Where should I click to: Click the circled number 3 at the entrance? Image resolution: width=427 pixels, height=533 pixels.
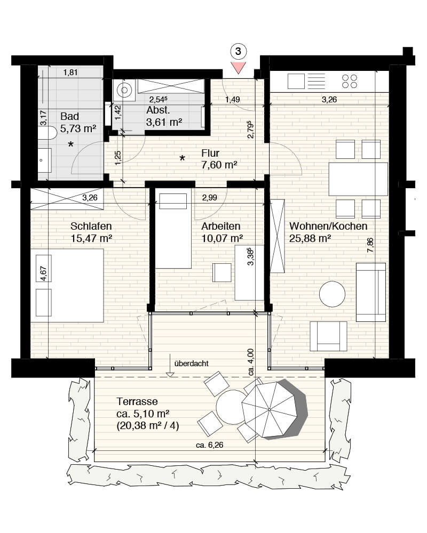pos(238,51)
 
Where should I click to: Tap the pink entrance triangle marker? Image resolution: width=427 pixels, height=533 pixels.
pos(238,68)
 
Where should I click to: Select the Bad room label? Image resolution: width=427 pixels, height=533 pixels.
pos(69,116)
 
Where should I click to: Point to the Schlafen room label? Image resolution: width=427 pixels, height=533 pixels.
pos(91,226)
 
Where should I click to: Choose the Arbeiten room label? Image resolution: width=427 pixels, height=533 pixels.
pos(220,226)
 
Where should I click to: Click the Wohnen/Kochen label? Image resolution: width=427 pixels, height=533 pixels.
pos(328,226)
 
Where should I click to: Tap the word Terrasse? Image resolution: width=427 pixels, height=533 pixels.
pos(137,401)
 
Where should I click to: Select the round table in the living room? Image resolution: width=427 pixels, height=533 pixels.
pos(332,294)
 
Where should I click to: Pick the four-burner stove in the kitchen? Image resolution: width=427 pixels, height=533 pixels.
pos(350,81)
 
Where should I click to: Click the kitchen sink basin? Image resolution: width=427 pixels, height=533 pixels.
pos(296,82)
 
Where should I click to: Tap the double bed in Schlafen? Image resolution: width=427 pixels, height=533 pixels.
pos(67,286)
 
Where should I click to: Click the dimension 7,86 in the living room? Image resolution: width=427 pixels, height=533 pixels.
pos(370,245)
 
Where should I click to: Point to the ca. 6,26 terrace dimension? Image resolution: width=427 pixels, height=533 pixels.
pos(209,445)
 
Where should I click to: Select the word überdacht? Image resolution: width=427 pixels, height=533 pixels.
pos(192,364)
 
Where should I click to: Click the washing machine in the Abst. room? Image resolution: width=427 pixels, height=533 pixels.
pos(124,90)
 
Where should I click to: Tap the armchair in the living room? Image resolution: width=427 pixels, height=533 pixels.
pos(328,336)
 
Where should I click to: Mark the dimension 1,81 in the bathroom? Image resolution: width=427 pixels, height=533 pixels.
pos(70,72)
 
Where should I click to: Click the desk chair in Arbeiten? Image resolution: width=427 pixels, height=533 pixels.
pos(222,272)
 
